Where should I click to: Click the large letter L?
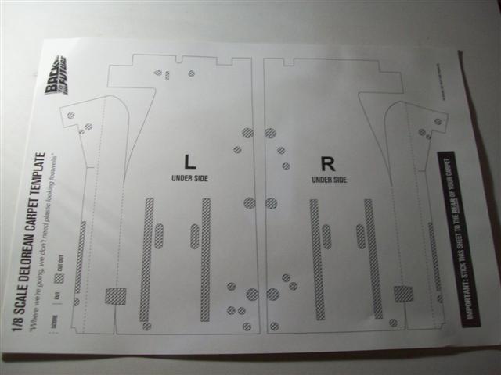click(189, 162)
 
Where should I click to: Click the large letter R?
click(328, 163)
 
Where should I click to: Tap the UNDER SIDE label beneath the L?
click(189, 178)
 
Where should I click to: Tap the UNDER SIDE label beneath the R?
click(329, 180)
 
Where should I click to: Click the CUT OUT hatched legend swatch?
click(58, 278)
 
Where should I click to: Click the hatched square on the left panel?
click(115, 296)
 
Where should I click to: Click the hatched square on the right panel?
click(402, 294)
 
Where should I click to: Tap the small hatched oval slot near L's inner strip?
click(195, 236)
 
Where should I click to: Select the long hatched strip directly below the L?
click(206, 258)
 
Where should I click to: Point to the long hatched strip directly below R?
click(317, 258)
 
